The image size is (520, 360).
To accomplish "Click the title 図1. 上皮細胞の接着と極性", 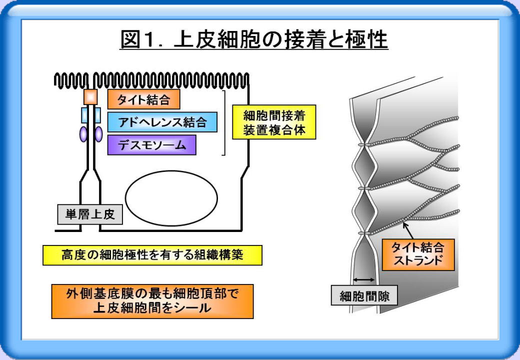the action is (x=254, y=39).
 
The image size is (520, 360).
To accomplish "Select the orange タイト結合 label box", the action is (x=143, y=99).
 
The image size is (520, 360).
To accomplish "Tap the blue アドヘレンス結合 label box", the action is (x=162, y=122).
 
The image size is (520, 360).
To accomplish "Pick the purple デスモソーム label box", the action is (x=151, y=145).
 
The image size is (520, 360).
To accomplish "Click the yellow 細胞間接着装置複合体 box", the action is (x=274, y=122).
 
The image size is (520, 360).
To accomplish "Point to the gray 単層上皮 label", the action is (x=90, y=214).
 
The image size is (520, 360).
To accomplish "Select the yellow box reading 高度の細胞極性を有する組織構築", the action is (x=152, y=255).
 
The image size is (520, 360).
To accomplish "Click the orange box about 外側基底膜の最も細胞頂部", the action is (x=152, y=301).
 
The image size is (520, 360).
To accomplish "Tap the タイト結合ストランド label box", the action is (x=418, y=254).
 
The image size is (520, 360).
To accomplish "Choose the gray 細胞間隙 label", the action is (x=364, y=295).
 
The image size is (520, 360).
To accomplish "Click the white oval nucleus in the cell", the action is (x=171, y=198).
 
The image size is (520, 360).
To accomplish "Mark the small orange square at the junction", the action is (x=90, y=97).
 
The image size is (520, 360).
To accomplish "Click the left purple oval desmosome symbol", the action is (x=83, y=134).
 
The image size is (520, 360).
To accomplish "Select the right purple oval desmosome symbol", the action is (x=98, y=134).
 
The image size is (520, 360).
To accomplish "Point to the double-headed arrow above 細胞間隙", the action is (x=364, y=280).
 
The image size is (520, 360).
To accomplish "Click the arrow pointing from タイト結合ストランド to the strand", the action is (x=408, y=230).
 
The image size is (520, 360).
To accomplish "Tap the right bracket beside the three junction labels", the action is (x=223, y=122).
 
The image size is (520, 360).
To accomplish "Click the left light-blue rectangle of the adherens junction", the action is (x=84, y=115).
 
